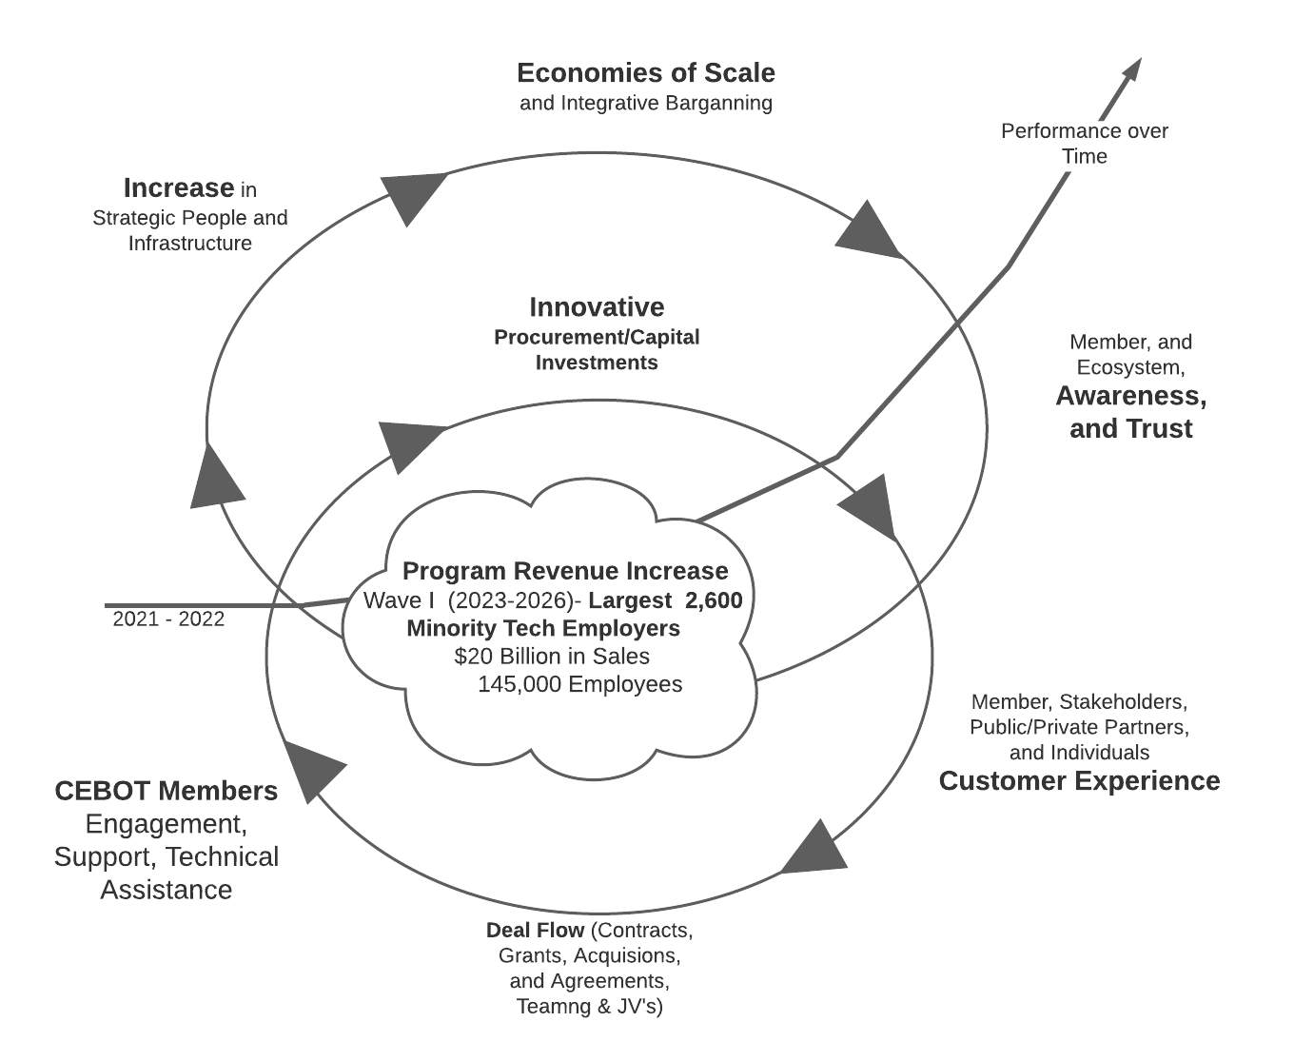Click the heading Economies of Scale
[645, 73]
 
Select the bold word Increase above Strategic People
[179, 187]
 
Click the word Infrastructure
[190, 244]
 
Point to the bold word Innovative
[597, 307]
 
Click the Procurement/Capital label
[597, 338]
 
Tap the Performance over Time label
[1084, 144]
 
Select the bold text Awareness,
[1130, 396]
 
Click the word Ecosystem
[1128, 367]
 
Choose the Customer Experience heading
[1079, 781]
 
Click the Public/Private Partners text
[1079, 727]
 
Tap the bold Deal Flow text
[535, 930]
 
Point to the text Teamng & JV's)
[589, 1007]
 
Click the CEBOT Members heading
[167, 792]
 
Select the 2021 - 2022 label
[168, 619]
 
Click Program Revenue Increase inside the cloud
[565, 571]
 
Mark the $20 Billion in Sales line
[552, 657]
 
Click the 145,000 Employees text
[579, 684]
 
